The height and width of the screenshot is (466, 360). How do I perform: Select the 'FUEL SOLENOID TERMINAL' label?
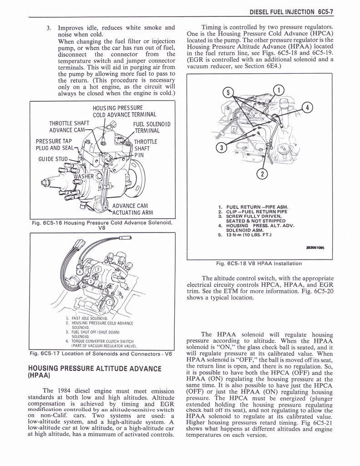click(152, 127)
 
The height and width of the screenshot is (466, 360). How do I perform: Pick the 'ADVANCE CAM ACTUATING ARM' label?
click(132, 209)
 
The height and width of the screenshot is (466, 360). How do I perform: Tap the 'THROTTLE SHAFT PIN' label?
click(145, 148)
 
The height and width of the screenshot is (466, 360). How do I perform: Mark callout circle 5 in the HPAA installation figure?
click(227, 93)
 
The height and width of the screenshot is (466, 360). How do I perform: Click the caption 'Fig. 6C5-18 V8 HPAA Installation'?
click(259, 263)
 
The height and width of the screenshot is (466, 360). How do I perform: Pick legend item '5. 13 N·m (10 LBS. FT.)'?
click(244, 235)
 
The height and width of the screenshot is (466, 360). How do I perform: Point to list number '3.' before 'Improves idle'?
click(49, 27)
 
